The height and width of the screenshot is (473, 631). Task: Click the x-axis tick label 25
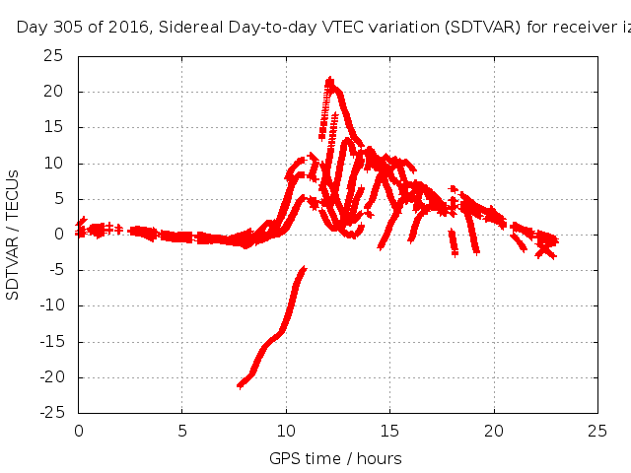(597, 431)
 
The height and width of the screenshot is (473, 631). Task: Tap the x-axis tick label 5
(182, 431)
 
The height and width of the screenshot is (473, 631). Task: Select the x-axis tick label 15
(390, 431)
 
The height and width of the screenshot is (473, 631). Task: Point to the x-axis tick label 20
(494, 431)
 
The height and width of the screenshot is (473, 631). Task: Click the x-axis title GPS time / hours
(335, 458)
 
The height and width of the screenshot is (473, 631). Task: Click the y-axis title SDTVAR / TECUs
(14, 235)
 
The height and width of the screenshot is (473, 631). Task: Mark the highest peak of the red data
(329, 80)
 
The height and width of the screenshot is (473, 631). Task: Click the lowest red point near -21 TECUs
(240, 384)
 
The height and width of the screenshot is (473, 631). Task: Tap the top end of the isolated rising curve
(303, 269)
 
